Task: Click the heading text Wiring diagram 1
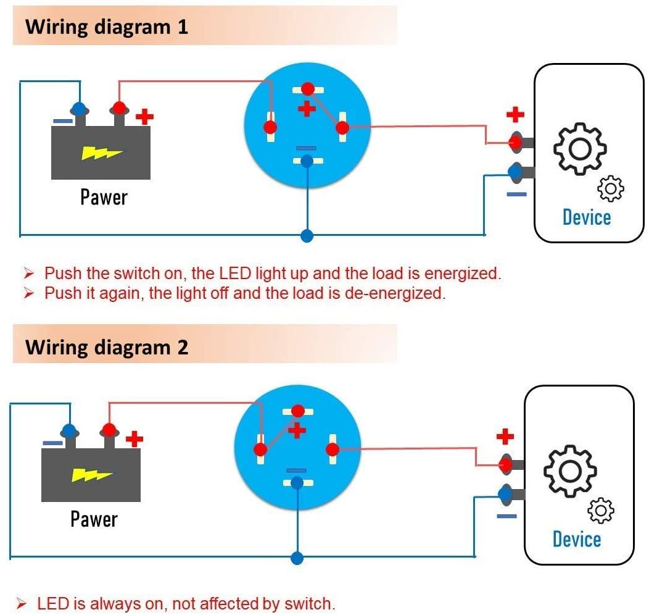pos(107,27)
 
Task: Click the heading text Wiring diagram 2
pos(107,347)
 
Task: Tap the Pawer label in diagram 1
pos(104,198)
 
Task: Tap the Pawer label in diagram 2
pos(94,519)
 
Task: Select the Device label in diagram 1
pos(586,217)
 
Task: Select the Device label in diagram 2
pos(576,539)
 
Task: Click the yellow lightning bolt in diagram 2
pos(91,475)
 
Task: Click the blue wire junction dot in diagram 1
pos(307,235)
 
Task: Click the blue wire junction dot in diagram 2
pos(297,558)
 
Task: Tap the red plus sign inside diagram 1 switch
pos(306,109)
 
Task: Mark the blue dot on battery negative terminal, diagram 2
pos(69,430)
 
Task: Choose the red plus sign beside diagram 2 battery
pos(134,439)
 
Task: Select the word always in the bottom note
pos(115,603)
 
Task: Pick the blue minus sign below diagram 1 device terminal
pos(516,194)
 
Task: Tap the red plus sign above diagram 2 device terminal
pos(505,437)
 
